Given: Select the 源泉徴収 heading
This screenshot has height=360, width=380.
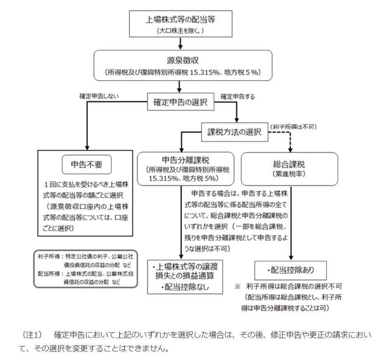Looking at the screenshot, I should tap(183, 60).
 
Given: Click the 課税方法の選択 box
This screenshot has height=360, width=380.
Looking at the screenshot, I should tap(234, 132).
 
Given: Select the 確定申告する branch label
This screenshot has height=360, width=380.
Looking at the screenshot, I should tap(237, 96).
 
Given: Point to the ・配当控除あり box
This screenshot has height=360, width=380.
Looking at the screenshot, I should tap(290, 271).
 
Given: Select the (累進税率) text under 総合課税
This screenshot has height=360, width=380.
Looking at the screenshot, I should tap(289, 174).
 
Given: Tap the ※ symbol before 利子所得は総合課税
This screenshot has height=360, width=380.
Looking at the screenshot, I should tap(237, 285).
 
